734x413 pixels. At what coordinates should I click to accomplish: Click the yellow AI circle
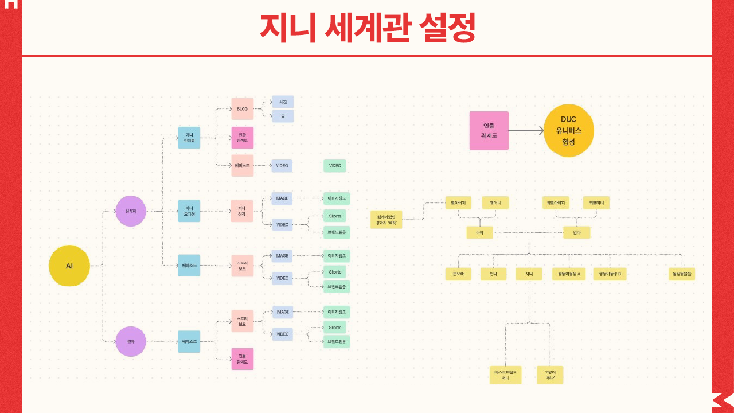69,266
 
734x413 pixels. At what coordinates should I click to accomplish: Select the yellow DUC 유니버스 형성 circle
568,131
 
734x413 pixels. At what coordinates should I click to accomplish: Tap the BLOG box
242,108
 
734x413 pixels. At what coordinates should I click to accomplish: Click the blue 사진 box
283,102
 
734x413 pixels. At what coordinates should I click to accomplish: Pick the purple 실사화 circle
131,211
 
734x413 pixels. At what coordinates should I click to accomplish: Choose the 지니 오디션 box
189,211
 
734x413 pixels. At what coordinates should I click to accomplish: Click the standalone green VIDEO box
335,166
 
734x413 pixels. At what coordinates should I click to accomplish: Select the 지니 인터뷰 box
189,138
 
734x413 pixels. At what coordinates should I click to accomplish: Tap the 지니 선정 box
242,211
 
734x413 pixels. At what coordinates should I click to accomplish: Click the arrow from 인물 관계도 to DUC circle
526,131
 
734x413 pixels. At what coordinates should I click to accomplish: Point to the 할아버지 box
458,202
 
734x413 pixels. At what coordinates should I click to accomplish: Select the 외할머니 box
596,202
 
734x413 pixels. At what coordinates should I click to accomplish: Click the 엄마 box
576,232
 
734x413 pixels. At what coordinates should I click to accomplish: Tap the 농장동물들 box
682,274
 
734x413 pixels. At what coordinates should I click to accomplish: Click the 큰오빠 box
458,274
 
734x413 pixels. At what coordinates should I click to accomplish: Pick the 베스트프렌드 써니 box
506,375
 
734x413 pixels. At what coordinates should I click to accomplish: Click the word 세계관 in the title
367,28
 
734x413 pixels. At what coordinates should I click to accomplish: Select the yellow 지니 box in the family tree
529,274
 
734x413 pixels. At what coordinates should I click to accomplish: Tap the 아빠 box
479,232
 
